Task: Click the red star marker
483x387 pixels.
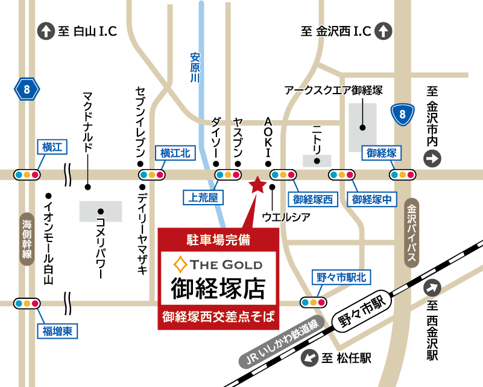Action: coord(257,185)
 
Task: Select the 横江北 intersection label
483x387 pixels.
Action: coord(175,153)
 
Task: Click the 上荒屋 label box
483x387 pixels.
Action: coord(203,197)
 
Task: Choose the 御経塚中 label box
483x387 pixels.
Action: coord(373,199)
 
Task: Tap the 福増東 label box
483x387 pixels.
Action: coord(58,330)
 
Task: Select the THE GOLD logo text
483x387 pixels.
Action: coord(218,264)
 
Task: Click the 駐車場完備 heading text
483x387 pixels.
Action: coord(218,238)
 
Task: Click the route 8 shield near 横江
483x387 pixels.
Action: coord(27,91)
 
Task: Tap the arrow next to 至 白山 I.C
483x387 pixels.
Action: coord(46,31)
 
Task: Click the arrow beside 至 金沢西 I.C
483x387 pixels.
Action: coord(383,31)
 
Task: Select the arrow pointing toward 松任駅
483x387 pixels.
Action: coord(309,358)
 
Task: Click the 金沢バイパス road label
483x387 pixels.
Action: coord(412,232)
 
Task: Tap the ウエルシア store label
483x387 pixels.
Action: coord(286,216)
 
